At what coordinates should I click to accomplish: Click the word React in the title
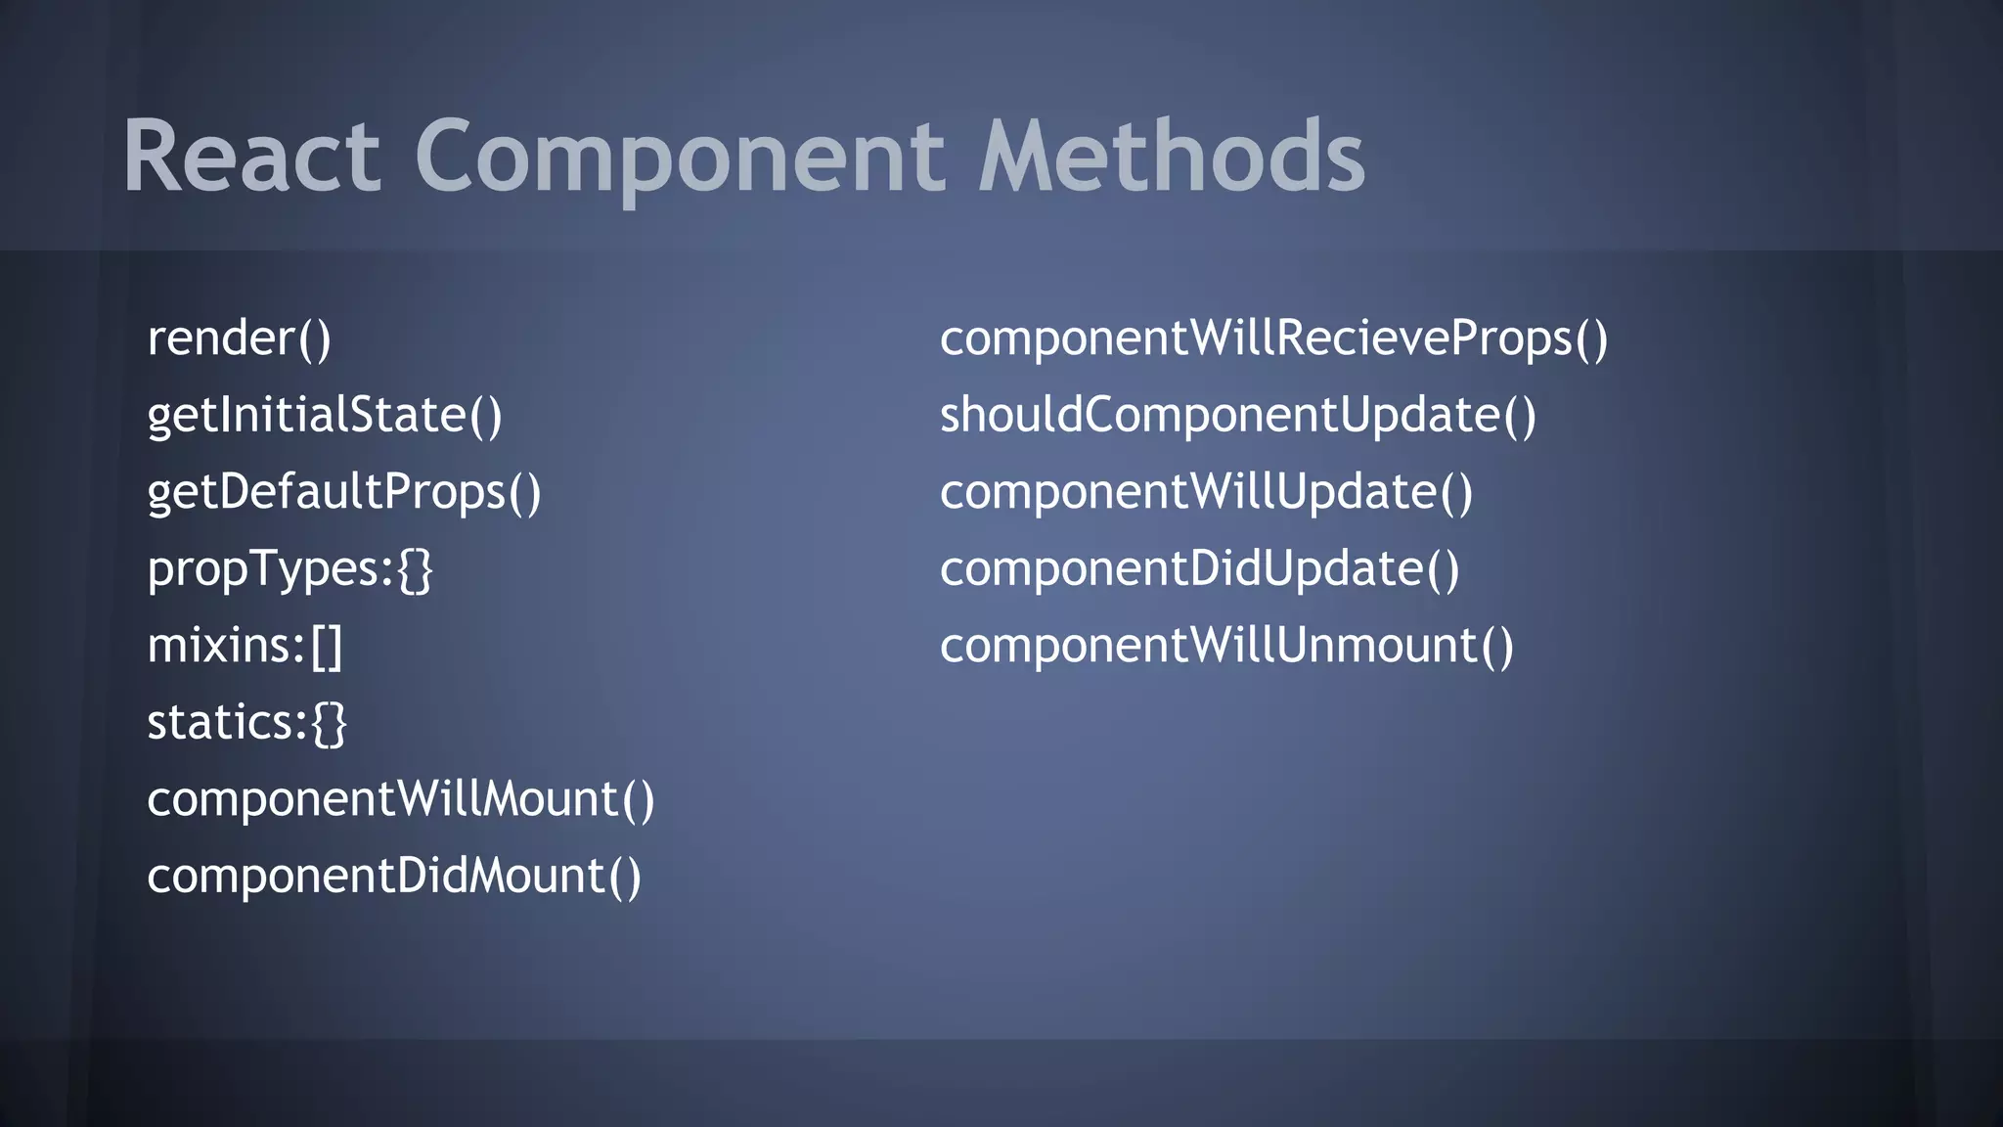pos(250,157)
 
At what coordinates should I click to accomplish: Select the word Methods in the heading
pos(1171,157)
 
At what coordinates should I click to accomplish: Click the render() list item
pos(239,338)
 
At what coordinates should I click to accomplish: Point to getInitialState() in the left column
pos(324,415)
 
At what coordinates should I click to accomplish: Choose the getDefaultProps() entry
pos(343,491)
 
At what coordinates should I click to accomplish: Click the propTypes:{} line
pos(289,569)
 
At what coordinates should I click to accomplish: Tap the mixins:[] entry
pos(245,646)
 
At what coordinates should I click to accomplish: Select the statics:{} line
pos(246,723)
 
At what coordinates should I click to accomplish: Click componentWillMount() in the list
pos(400,799)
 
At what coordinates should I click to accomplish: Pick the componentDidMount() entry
pos(394,876)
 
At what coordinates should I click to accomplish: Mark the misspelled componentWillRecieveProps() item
pos(1273,338)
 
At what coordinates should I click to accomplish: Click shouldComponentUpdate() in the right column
pos(1237,415)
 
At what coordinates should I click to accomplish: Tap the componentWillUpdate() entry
pos(1206,491)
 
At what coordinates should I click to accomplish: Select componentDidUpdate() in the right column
pos(1199,569)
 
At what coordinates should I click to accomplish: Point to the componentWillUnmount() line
pos(1226,646)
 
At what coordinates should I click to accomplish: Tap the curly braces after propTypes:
pos(415,569)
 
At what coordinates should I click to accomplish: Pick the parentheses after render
pos(314,339)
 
